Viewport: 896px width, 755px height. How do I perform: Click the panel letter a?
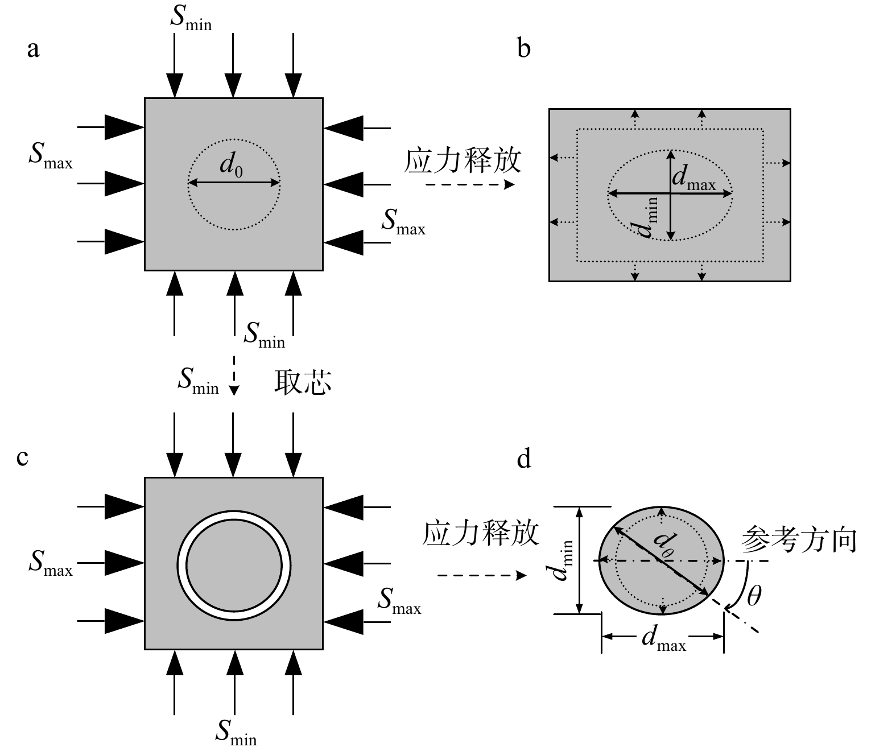click(34, 49)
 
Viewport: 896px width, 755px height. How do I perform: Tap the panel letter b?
click(524, 49)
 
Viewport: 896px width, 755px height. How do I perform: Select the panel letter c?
click(22, 457)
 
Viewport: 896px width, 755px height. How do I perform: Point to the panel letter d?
click(524, 458)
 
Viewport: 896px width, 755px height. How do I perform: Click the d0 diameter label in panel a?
click(231, 166)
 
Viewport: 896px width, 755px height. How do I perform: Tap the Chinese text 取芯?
click(303, 382)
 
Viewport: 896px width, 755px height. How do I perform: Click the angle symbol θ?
click(754, 596)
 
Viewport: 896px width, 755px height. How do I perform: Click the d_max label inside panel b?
click(693, 178)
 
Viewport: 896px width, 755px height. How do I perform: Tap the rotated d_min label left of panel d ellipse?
click(563, 560)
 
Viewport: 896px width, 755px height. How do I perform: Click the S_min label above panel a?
click(191, 18)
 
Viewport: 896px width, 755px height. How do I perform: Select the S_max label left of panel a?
click(51, 157)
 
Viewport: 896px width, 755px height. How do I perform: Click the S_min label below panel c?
click(236, 733)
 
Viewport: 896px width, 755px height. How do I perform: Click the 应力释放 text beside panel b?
click(462, 161)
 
